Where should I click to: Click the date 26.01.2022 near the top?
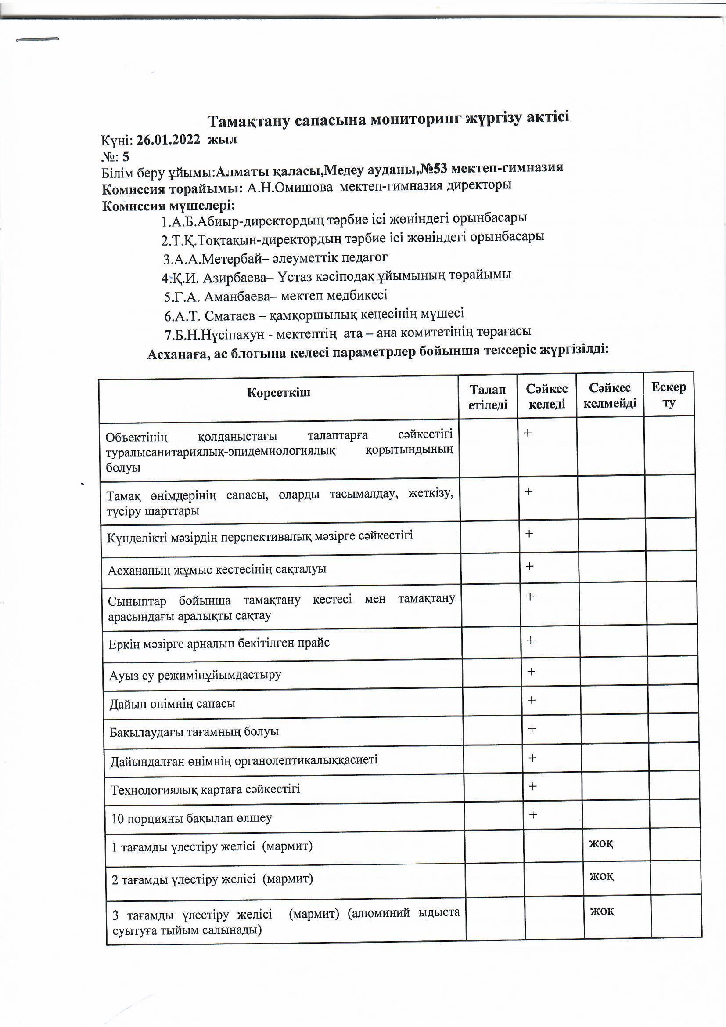[168, 140]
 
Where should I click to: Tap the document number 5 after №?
[126, 156]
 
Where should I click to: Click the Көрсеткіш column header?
[279, 393]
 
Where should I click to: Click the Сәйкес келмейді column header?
[610, 395]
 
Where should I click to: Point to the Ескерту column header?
[668, 394]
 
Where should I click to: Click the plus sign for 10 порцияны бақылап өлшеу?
[532, 814]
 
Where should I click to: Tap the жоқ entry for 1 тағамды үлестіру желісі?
[601, 843]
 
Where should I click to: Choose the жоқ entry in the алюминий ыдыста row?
[602, 911]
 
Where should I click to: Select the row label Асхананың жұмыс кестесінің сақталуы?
[217, 569]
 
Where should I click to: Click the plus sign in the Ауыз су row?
[531, 671]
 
